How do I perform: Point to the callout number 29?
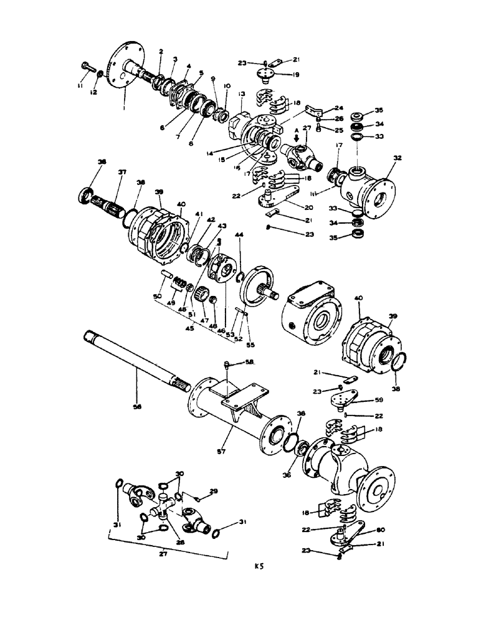[214, 492]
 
